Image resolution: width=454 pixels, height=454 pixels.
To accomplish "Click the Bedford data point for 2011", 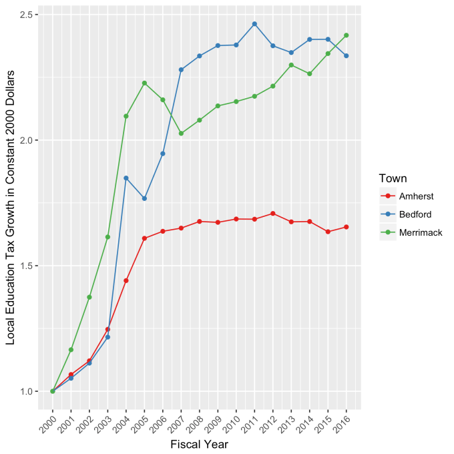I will [254, 24].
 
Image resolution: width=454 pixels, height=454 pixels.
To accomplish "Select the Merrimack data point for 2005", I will [144, 83].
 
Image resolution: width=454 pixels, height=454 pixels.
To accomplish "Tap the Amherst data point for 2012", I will [273, 214].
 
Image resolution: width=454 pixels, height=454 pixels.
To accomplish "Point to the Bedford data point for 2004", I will [126, 178].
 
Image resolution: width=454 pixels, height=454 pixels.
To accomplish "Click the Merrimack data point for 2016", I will [347, 35].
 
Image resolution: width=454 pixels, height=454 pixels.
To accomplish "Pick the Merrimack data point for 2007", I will [181, 134].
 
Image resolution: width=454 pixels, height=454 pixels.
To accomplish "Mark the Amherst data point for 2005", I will [144, 238].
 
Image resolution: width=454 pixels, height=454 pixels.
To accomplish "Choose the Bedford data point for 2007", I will [181, 69].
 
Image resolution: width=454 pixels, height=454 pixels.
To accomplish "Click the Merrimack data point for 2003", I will [107, 237].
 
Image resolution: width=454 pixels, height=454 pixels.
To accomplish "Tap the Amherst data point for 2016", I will [347, 227].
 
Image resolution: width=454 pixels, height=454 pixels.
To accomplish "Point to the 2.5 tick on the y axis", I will [31, 15].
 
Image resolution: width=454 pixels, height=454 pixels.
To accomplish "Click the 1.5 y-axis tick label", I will [31, 266].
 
